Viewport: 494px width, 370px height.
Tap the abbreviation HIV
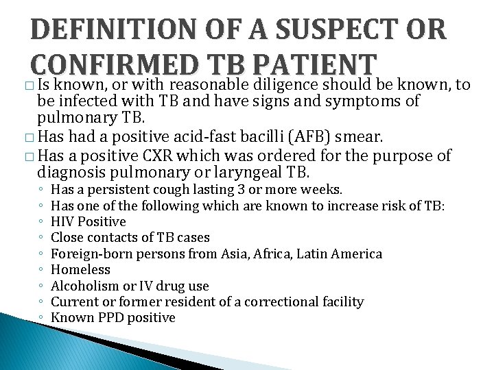point(63,222)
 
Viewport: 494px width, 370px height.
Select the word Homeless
point(81,270)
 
